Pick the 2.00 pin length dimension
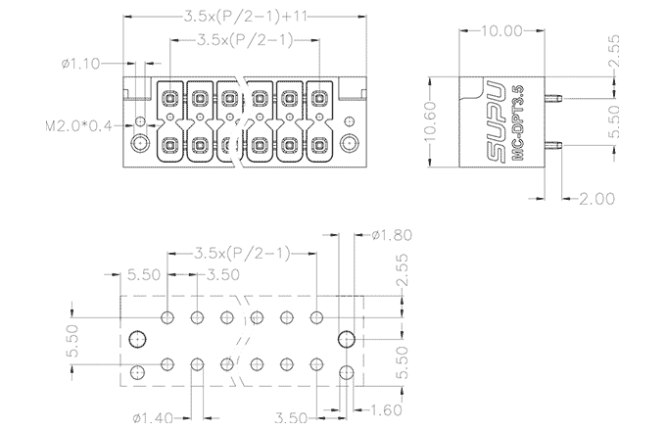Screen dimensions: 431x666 (x=595, y=198)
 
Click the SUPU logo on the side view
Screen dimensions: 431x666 (x=496, y=124)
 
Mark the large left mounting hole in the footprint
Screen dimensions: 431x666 (x=137, y=340)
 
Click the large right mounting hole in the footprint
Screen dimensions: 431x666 (x=346, y=340)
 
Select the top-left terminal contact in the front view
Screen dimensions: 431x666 (x=168, y=98)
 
